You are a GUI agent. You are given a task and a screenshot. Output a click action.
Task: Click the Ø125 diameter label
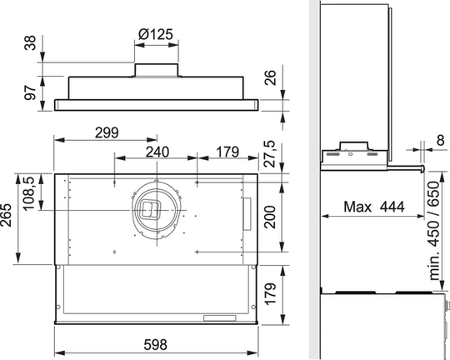click(156, 36)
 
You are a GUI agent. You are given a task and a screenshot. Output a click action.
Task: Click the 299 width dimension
click(105, 132)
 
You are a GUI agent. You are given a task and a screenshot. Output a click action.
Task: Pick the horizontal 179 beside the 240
click(227, 152)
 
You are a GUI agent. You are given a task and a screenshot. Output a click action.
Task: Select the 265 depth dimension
click(8, 221)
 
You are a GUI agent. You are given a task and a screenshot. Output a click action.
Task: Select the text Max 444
click(370, 205)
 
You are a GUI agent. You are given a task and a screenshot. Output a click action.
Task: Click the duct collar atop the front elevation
click(157, 70)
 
